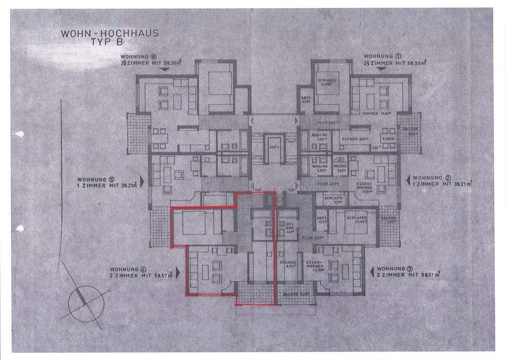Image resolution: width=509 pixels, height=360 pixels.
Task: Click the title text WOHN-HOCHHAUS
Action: [x=109, y=34]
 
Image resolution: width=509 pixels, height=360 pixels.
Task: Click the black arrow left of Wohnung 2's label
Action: [x=410, y=180]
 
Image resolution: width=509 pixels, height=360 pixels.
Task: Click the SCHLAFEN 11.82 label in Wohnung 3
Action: [x=355, y=220]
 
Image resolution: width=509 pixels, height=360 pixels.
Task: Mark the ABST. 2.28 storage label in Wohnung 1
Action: [x=306, y=99]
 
